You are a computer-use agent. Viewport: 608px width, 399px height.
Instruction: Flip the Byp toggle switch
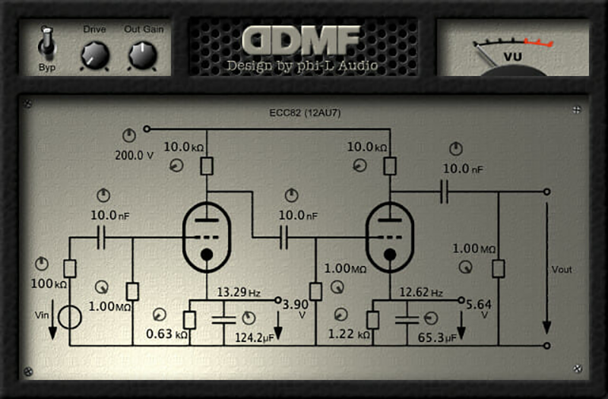click(x=47, y=43)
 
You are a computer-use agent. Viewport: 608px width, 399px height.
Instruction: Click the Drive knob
click(x=95, y=55)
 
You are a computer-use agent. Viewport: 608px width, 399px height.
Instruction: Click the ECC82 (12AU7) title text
click(x=304, y=115)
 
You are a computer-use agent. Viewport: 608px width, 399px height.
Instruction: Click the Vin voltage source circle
click(x=69, y=317)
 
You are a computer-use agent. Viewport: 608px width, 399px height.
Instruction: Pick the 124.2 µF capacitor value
click(x=254, y=336)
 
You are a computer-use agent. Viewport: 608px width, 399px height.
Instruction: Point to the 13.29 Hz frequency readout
click(x=239, y=292)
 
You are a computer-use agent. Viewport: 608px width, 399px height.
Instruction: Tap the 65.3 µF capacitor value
click(x=436, y=336)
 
